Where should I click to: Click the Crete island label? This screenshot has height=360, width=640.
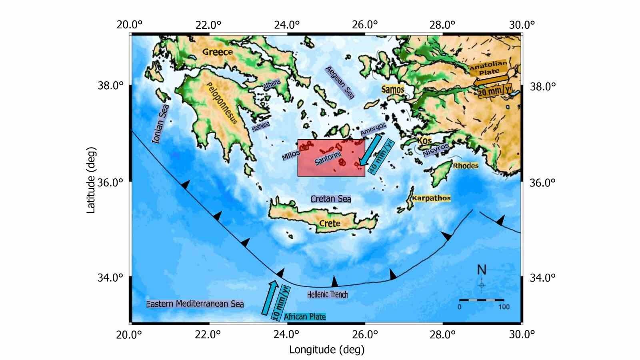coord(330,223)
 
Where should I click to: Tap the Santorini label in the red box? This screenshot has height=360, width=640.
coord(328,156)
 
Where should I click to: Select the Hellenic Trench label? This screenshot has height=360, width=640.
coord(328,295)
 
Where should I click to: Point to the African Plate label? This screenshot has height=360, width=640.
coord(305,317)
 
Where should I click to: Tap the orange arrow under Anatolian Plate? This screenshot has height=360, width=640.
coord(490,81)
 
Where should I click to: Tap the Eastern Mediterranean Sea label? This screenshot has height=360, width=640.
coord(195,304)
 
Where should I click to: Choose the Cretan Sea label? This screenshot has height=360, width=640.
coord(330,199)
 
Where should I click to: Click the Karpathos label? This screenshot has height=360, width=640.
coord(431,198)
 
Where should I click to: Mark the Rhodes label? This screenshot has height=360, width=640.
coord(465,166)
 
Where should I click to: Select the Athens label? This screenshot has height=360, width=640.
coord(272,84)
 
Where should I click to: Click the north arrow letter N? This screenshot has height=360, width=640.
coord(482,270)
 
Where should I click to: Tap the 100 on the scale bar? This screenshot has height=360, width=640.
coord(504,307)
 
